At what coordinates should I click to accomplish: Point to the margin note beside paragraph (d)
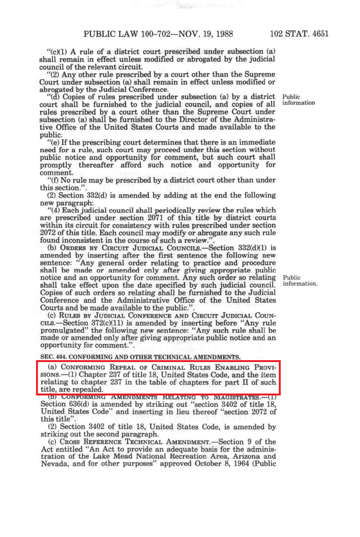pos(299,100)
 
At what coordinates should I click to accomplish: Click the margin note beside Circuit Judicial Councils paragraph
pos(300,280)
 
